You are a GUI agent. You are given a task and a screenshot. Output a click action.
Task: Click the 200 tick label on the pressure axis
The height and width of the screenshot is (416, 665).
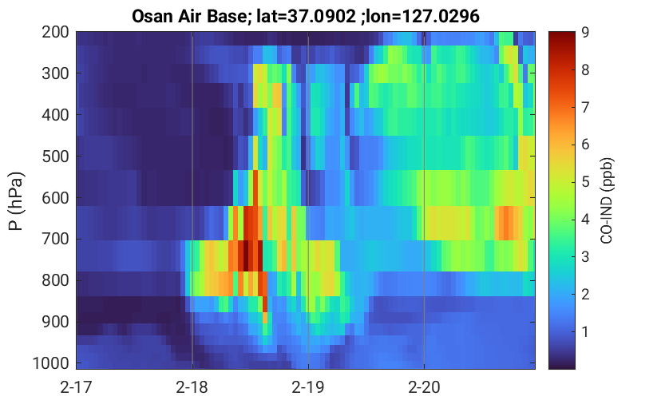tap(55, 32)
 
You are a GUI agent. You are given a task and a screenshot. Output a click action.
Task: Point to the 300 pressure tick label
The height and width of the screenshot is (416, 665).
tap(55, 73)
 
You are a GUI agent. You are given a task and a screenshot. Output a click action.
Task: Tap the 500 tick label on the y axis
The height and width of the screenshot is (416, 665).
tap(55, 156)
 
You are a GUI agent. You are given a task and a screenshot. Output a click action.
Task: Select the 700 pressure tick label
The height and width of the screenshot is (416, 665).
tap(55, 240)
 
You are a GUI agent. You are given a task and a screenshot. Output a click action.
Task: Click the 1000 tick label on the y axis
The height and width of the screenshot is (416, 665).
tap(51, 363)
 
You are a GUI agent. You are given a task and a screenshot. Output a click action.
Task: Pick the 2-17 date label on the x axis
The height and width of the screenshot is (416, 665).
tap(77, 387)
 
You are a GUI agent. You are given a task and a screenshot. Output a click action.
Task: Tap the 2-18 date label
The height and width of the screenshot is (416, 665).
tap(192, 387)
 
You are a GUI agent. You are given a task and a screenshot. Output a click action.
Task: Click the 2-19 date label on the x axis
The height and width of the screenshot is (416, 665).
tap(308, 387)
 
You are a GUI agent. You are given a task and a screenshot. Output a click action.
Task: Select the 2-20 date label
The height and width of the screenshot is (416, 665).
tap(424, 387)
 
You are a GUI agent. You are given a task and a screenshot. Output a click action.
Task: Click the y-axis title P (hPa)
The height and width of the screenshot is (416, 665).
tap(16, 201)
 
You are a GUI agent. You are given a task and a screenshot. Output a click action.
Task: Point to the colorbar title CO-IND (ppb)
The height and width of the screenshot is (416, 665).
tap(607, 201)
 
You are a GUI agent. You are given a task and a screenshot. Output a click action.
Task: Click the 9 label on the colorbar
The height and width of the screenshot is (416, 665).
tap(585, 32)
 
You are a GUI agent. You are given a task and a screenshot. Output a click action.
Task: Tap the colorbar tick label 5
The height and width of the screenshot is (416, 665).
tap(585, 182)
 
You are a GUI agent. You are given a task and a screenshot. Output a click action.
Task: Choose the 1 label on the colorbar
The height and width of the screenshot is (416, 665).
tap(585, 331)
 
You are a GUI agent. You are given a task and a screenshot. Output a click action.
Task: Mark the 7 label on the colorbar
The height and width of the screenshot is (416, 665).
tap(585, 107)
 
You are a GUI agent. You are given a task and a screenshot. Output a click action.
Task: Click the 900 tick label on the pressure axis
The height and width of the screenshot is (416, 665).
tap(55, 323)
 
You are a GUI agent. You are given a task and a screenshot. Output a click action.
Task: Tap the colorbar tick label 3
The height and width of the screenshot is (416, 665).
tap(585, 257)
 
